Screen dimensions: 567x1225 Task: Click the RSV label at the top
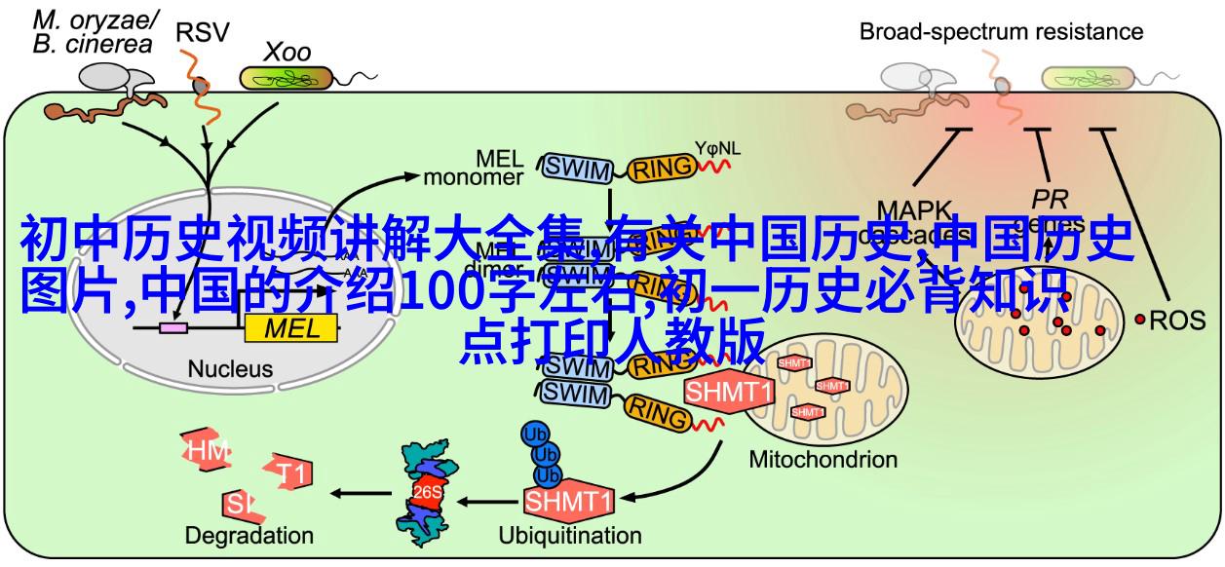[x=203, y=33]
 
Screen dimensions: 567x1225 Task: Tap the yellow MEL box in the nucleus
[x=291, y=328]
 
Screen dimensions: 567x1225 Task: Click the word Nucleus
[x=231, y=368]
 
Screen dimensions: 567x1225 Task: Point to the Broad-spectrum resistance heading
[x=1001, y=32]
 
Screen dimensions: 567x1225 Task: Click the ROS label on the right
[x=1178, y=319]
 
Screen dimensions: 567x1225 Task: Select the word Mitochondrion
[x=823, y=459]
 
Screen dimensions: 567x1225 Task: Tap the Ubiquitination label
[x=570, y=535]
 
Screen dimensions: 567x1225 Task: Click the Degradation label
[x=249, y=535]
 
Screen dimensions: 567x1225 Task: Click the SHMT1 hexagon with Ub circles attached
[x=569, y=501]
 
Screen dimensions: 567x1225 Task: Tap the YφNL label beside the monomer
[x=717, y=148]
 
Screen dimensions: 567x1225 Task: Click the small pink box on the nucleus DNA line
[x=174, y=328]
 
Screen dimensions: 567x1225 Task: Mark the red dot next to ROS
[x=1139, y=319]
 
